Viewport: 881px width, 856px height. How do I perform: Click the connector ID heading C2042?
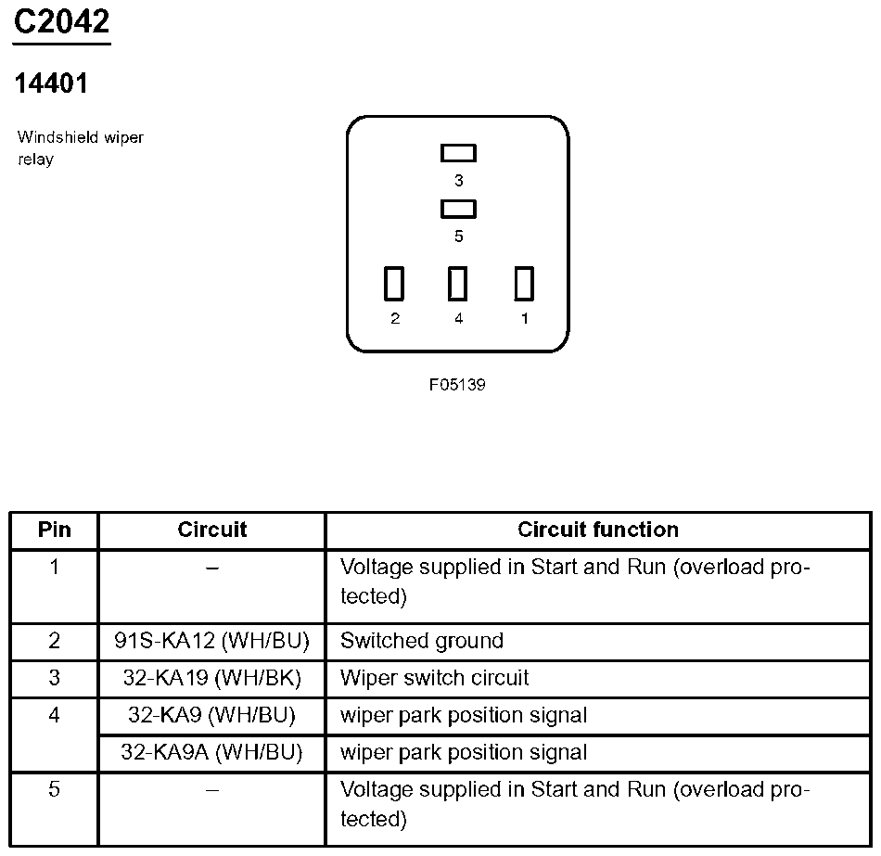[x=61, y=22]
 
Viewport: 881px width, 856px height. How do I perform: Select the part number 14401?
[x=51, y=84]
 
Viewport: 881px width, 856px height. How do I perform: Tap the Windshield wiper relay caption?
[x=80, y=148]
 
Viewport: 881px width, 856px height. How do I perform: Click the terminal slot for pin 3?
[x=458, y=153]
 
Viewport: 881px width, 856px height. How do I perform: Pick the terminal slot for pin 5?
[x=458, y=209]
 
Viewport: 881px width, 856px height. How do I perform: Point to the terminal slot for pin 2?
[x=394, y=284]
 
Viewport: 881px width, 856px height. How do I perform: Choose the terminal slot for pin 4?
[x=457, y=284]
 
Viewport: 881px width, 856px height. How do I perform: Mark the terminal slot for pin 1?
[x=524, y=284]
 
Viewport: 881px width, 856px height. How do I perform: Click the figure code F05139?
[x=457, y=385]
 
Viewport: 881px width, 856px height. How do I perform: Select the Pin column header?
[x=54, y=530]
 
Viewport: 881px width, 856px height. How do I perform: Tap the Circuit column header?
[x=212, y=530]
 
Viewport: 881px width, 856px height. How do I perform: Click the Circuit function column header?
[x=598, y=530]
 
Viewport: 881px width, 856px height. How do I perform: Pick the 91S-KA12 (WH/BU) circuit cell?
[x=212, y=641]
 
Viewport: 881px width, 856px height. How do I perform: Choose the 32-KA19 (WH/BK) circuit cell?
[x=212, y=678]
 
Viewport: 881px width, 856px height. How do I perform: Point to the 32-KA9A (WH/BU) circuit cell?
[x=212, y=752]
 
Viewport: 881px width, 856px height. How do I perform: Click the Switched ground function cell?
[x=422, y=641]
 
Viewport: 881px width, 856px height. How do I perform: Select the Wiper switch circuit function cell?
[x=434, y=678]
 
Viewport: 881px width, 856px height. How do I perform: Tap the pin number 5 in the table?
[x=54, y=789]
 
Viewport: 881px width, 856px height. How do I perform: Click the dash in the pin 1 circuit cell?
[x=212, y=568]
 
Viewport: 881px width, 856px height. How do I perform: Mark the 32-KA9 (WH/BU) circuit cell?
[x=212, y=715]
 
